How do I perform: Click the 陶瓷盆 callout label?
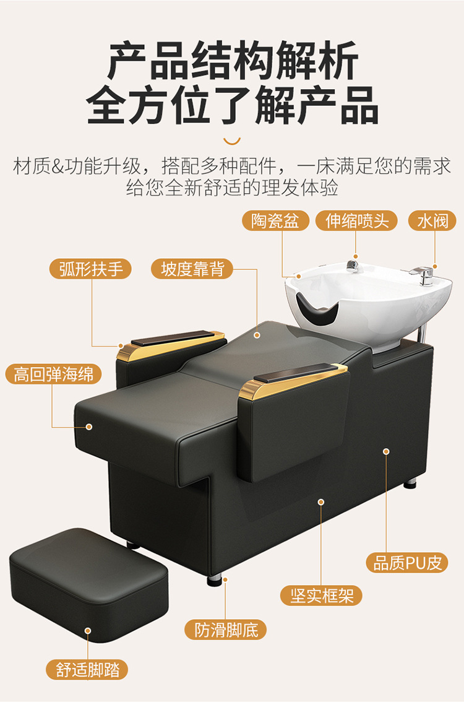(x=275, y=221)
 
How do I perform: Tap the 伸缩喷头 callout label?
(x=356, y=221)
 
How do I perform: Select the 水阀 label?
(x=432, y=221)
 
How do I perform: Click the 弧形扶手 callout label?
(x=90, y=269)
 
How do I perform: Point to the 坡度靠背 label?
(x=192, y=269)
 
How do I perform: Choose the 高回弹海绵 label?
(x=53, y=374)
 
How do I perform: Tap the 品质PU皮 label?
(x=406, y=563)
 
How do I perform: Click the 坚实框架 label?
(x=321, y=596)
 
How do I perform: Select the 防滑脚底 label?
(x=226, y=630)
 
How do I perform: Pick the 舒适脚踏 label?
(x=87, y=670)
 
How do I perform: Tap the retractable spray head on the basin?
(x=353, y=266)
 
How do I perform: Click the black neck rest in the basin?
(x=319, y=311)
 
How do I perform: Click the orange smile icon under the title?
(x=232, y=141)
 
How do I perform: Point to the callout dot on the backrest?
(x=257, y=335)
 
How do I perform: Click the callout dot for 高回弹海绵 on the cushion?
(x=88, y=427)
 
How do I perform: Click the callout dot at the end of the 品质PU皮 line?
(x=386, y=451)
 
